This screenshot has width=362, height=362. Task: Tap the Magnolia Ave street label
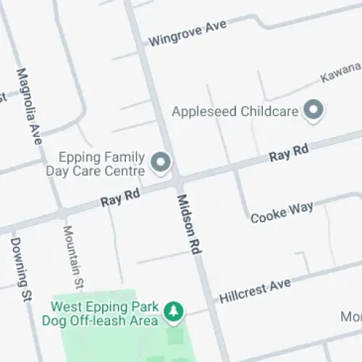point(30,106)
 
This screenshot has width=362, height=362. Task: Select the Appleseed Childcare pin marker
point(313,111)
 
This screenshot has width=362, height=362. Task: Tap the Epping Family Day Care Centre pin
point(161,162)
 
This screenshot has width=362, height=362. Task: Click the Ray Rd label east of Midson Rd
point(289,153)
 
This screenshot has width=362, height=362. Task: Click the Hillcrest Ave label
point(254,290)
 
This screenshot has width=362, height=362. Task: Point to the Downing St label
point(21,269)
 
